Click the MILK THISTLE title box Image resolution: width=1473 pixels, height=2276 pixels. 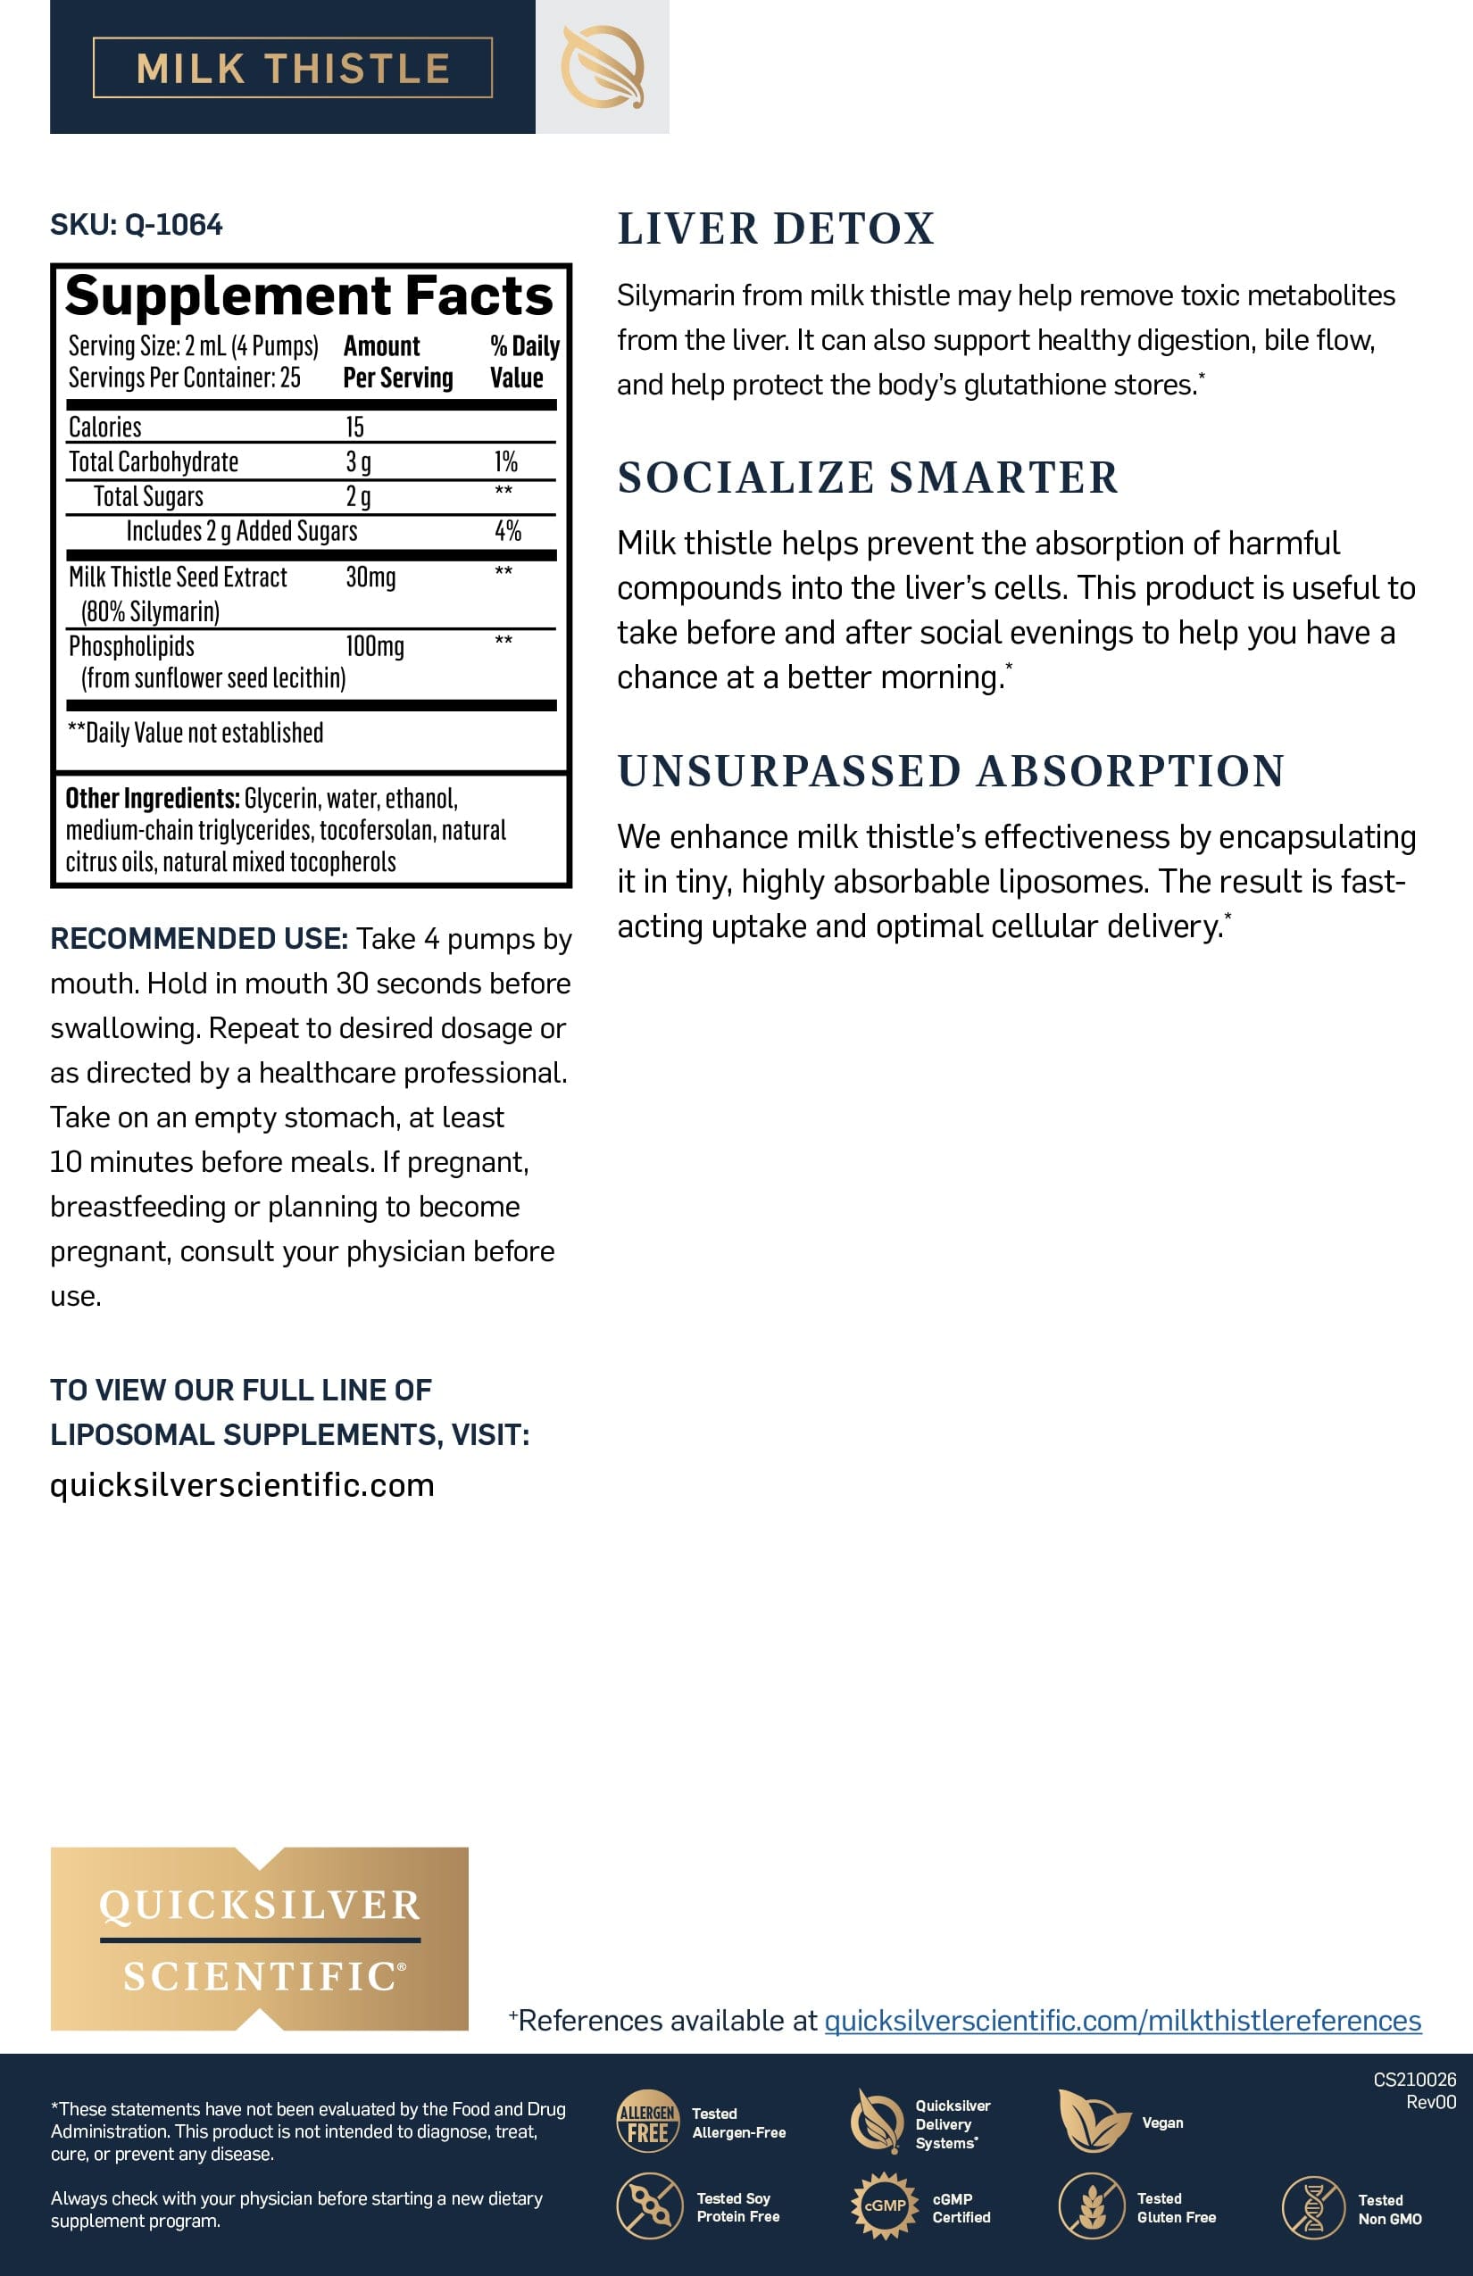pos(293,68)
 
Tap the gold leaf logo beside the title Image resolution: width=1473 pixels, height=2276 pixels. pos(602,67)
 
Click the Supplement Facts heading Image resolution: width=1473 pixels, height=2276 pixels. pos(309,295)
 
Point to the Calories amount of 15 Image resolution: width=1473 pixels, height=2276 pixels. pos(355,427)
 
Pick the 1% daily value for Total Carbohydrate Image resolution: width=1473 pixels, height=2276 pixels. pos(505,462)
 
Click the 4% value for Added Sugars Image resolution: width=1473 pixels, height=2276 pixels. pos(507,531)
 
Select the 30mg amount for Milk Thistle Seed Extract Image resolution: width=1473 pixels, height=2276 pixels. pos(370,577)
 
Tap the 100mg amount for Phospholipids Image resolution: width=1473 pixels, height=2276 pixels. pos(374,646)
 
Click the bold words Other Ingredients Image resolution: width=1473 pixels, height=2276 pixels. pos(152,799)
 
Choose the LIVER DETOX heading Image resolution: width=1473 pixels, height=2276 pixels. pos(776,229)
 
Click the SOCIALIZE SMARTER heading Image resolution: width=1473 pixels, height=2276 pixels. pos(868,478)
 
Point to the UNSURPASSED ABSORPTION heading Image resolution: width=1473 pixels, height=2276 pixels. pos(951,771)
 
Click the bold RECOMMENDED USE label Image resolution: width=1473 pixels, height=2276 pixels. pos(198,938)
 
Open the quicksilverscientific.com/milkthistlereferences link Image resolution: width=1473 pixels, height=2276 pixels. pos(1122,2021)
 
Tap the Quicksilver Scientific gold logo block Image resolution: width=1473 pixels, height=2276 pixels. pos(259,1939)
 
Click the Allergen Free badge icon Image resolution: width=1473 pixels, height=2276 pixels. pos(647,2121)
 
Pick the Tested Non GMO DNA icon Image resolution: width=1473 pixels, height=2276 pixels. pos(1312,2207)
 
